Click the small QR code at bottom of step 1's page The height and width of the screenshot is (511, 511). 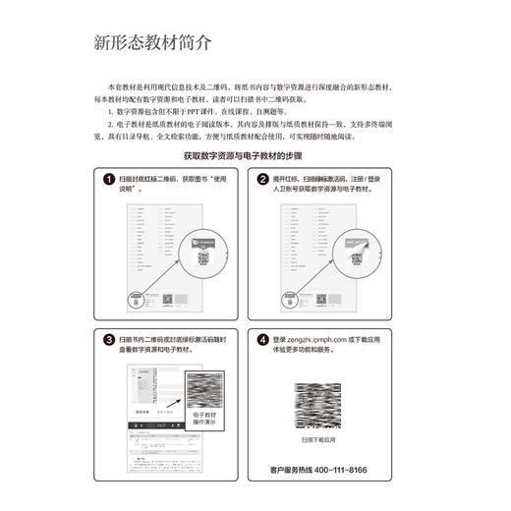pyautogui.click(x=167, y=299)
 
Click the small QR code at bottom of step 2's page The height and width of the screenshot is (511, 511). pyautogui.click(x=320, y=299)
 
